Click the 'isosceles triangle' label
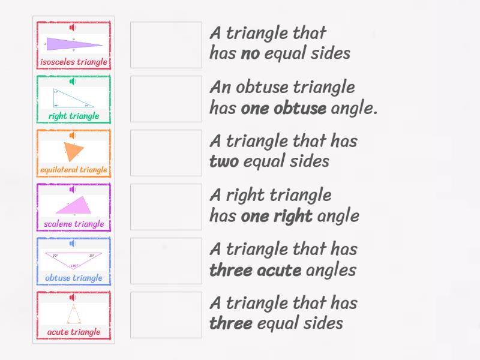74,62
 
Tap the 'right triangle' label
74,116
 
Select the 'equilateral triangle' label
74,170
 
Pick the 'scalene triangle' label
74,224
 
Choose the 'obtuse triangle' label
74,278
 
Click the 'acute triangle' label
74,332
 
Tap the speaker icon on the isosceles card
73,28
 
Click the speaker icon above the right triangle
73,82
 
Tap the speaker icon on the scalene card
73,190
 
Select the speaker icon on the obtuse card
73,244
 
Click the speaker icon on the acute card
73,298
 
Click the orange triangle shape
73,151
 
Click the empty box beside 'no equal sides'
166,45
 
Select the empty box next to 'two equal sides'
166,153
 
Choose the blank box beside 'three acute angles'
166,261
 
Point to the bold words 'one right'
277,216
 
